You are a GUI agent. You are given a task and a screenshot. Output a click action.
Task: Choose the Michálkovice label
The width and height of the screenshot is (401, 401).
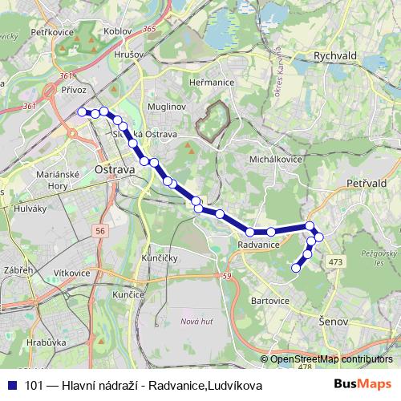point(274,160)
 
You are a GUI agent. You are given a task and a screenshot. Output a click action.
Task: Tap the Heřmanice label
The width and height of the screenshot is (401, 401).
point(210,83)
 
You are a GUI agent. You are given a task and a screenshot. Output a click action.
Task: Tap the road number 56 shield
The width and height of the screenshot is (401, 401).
point(99,230)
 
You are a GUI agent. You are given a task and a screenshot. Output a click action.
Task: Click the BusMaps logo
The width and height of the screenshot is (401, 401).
point(368,386)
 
